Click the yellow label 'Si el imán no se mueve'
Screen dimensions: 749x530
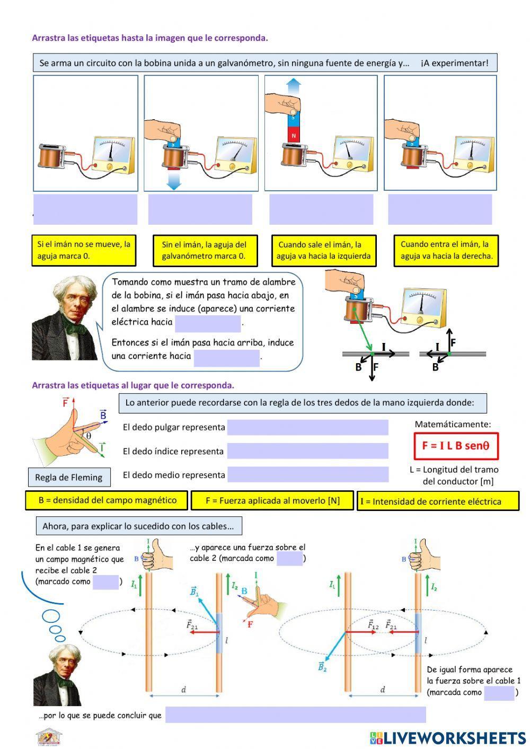click(x=83, y=250)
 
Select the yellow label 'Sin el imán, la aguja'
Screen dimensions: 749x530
click(x=204, y=250)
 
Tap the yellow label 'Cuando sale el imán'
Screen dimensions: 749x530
click(x=323, y=250)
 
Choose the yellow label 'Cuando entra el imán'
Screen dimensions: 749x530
click(x=446, y=250)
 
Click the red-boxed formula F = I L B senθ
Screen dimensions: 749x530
click(x=455, y=446)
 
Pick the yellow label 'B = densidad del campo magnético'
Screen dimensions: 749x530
click(x=107, y=500)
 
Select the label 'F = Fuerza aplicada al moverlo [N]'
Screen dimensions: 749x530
click(x=272, y=500)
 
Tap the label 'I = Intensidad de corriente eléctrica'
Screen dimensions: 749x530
click(x=437, y=501)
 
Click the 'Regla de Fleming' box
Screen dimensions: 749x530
click(x=69, y=477)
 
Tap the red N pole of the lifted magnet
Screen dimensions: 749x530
click(x=294, y=136)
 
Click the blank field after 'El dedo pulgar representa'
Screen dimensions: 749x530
click(x=307, y=427)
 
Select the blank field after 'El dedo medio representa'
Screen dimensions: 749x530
click(x=307, y=474)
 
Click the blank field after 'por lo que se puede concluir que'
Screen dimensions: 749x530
click(x=295, y=715)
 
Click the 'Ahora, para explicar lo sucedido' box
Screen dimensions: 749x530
click(x=138, y=526)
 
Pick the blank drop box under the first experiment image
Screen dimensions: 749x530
click(x=85, y=209)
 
